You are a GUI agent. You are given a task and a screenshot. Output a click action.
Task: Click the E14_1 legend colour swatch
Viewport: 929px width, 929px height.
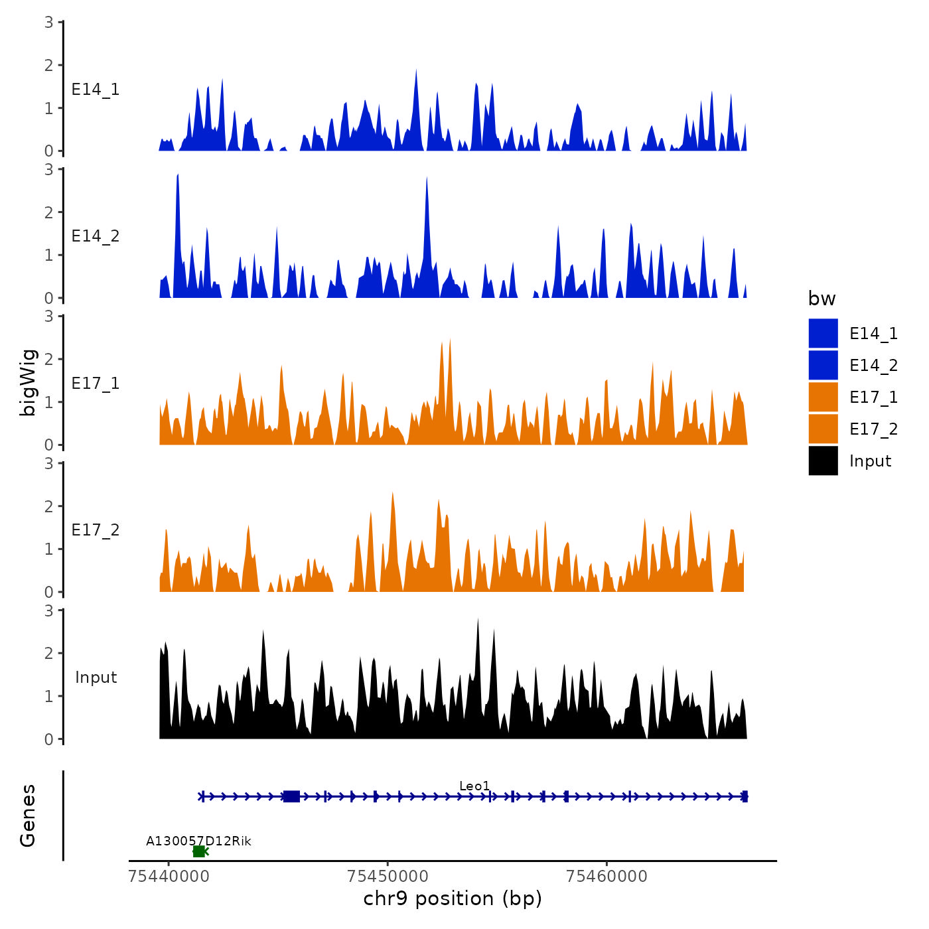[823, 333]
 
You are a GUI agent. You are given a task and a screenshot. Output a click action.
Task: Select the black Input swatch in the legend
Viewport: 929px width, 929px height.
[823, 461]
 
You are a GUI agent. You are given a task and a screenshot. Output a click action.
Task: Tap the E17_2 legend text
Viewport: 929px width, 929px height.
[873, 429]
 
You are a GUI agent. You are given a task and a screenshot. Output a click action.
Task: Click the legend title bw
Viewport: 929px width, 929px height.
[822, 299]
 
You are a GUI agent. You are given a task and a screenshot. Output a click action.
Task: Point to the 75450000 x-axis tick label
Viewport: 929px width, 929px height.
[388, 876]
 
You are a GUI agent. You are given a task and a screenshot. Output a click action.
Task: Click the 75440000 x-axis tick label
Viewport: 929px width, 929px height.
[169, 876]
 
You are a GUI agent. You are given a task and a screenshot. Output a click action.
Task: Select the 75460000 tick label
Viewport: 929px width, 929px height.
[607, 876]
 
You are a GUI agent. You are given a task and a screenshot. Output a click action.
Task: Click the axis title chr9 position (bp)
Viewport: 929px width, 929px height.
[453, 898]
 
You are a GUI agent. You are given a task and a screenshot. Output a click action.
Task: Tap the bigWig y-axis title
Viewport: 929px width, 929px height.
[28, 382]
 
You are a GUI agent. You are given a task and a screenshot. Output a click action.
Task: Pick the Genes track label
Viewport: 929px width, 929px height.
[28, 816]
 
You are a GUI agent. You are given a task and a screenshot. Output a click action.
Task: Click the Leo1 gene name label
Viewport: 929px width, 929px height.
[474, 786]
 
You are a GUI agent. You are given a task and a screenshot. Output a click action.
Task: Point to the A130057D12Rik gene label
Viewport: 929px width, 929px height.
[198, 841]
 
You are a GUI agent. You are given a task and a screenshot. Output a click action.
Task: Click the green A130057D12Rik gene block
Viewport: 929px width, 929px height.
[198, 851]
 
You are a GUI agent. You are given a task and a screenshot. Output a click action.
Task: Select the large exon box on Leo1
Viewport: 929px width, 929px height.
[291, 796]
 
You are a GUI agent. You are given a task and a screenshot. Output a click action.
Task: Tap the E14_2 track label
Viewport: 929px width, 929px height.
[96, 236]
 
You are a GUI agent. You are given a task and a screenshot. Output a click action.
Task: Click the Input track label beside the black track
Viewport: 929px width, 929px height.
[96, 678]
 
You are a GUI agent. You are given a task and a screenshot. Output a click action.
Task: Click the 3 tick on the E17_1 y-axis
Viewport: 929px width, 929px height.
[49, 317]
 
